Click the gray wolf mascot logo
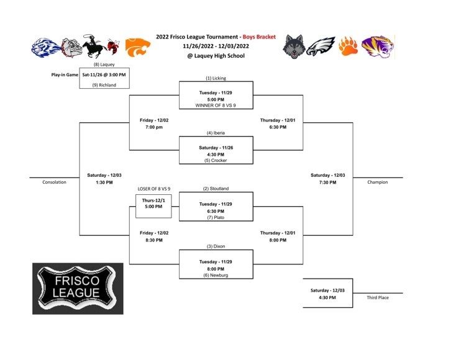[294, 47]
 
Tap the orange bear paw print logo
[348, 46]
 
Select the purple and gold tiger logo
[378, 47]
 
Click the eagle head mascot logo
[321, 47]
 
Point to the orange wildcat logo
[137, 47]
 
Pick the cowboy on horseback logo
[94, 46]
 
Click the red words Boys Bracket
[259, 37]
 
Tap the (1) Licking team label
[216, 78]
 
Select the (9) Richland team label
[104, 85]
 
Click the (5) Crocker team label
[216, 160]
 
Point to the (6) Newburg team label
[216, 275]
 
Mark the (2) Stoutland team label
[216, 189]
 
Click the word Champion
[377, 182]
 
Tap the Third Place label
[377, 297]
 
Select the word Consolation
[54, 182]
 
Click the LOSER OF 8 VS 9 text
[154, 189]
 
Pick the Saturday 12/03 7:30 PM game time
[328, 179]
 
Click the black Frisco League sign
[78, 289]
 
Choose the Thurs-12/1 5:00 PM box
[153, 206]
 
